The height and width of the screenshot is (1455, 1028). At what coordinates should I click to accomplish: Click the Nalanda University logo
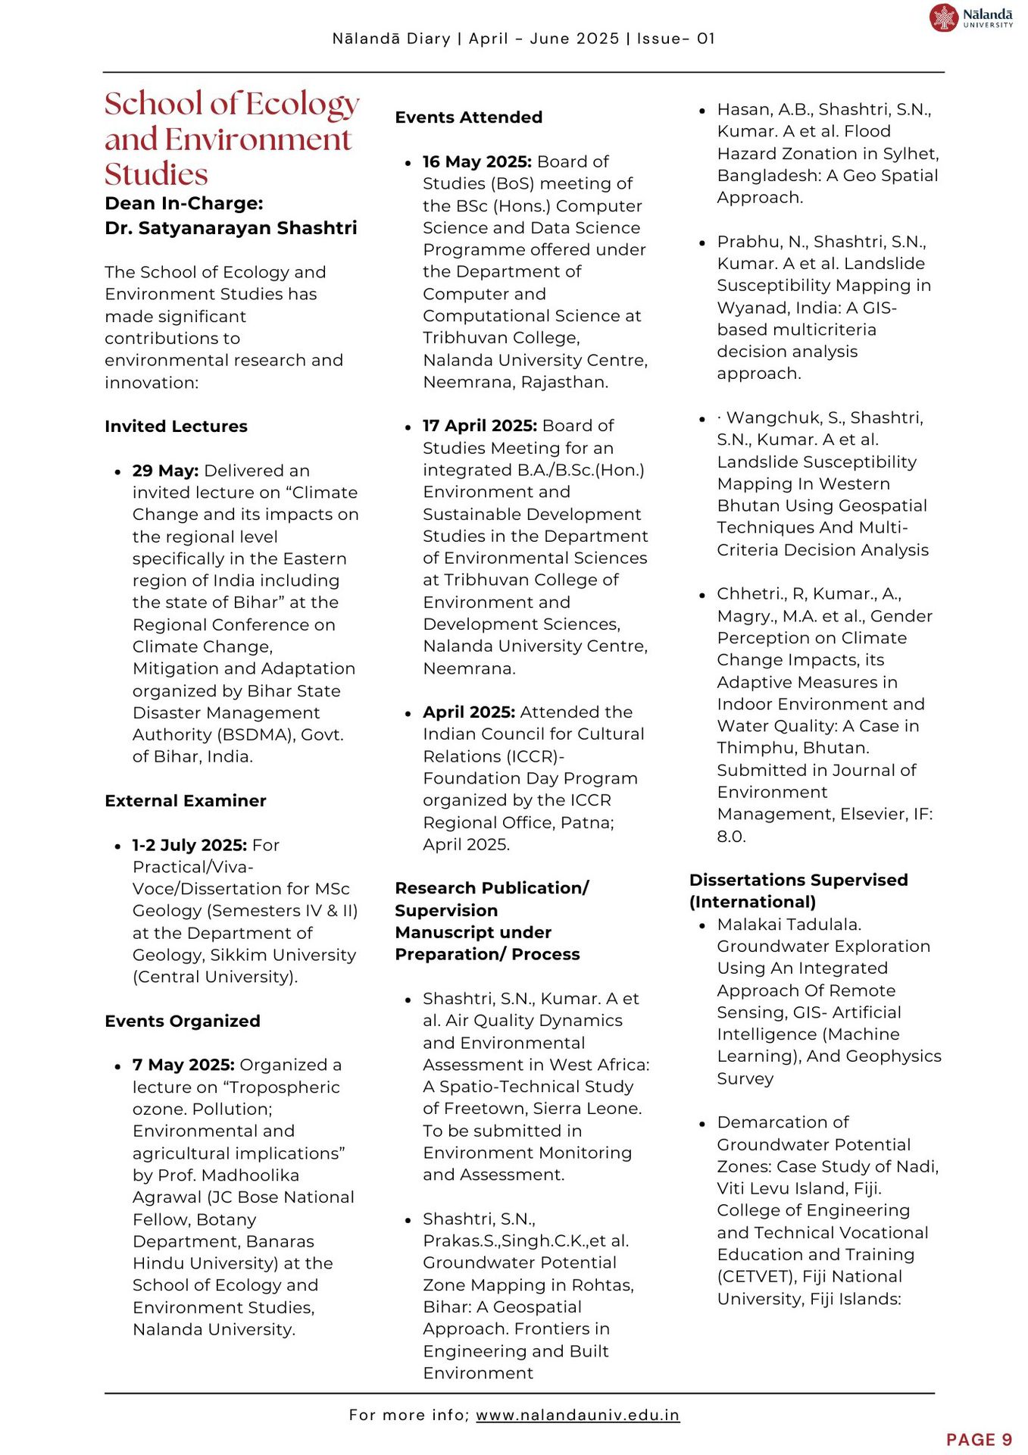970,17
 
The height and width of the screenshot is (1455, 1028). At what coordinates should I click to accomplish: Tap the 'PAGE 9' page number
979,1440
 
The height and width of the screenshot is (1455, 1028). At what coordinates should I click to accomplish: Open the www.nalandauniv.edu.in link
577,1415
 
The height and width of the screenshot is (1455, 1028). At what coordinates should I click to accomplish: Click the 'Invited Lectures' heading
176,427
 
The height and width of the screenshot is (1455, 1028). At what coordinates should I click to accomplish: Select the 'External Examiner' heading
186,801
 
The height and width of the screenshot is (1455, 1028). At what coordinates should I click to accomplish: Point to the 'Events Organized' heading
183,1022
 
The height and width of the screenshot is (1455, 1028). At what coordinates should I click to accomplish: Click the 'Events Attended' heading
469,117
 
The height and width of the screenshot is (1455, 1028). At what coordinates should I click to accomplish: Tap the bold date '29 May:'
165,471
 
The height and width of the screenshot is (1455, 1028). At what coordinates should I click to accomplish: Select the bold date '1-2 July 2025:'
189,845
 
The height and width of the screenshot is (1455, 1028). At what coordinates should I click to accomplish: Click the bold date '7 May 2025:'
183,1065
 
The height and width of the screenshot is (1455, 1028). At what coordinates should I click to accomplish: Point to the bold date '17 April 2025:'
480,426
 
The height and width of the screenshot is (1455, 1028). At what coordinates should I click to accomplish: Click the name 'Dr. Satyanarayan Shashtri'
231,228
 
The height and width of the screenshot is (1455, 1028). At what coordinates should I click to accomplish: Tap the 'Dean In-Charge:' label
184,204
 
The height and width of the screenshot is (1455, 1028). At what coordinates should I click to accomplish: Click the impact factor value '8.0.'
732,837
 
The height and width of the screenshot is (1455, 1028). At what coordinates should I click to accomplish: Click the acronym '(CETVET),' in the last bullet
757,1277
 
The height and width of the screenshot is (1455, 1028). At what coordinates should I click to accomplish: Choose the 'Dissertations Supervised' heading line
798,881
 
